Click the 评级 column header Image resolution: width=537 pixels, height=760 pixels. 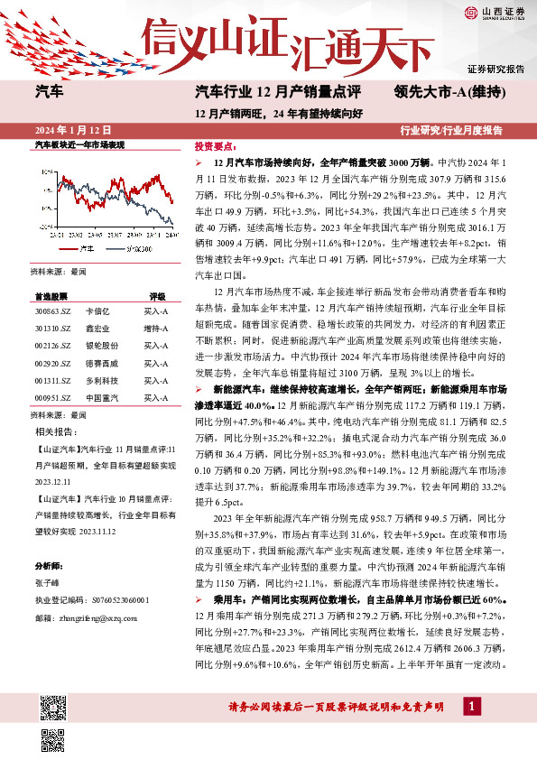pos(157,295)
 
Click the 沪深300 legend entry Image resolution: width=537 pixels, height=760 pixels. pos(134,246)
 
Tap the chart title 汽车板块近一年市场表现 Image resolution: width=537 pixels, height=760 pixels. pos(79,144)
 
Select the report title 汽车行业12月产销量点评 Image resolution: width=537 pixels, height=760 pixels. pos(278,92)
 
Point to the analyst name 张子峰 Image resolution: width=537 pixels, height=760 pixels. pos(45,585)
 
